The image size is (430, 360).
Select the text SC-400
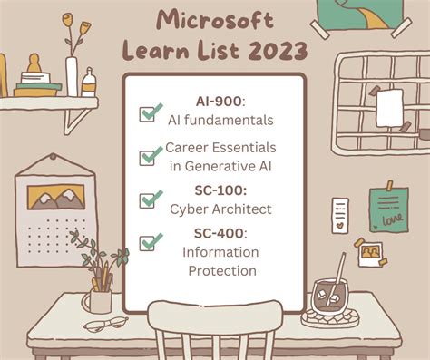pos(214,233)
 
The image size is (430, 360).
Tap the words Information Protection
pos(221,260)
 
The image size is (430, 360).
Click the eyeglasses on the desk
pos(106,324)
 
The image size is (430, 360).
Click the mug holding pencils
pos(99,298)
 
